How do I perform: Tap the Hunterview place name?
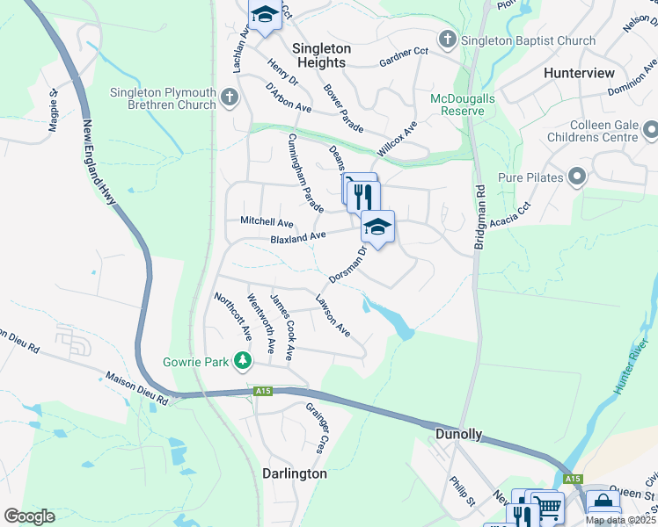579,73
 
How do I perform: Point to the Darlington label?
295,473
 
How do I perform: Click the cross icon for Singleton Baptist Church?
448,39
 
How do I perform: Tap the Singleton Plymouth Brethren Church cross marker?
230,97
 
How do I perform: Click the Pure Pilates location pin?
577,177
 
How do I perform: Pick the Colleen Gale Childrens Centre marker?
650,131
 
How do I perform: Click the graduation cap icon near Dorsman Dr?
377,227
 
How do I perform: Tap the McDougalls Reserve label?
457,105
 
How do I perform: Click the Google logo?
29,516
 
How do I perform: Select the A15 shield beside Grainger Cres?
262,391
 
